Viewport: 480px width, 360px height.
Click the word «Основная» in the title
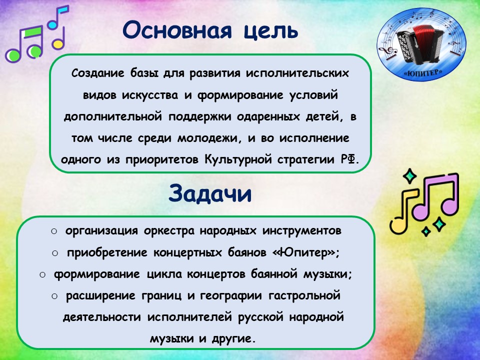(x=177, y=30)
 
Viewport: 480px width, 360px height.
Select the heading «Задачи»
(x=210, y=193)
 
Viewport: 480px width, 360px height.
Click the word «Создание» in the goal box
(x=98, y=73)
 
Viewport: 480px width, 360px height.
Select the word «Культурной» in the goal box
(x=238, y=159)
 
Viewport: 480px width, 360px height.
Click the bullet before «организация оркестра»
(x=54, y=231)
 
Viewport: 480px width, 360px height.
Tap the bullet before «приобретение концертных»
(x=55, y=253)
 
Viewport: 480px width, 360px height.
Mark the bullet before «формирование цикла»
(x=42, y=274)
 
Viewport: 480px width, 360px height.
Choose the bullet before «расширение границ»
(x=55, y=296)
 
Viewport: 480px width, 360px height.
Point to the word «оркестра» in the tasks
(x=168, y=230)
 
